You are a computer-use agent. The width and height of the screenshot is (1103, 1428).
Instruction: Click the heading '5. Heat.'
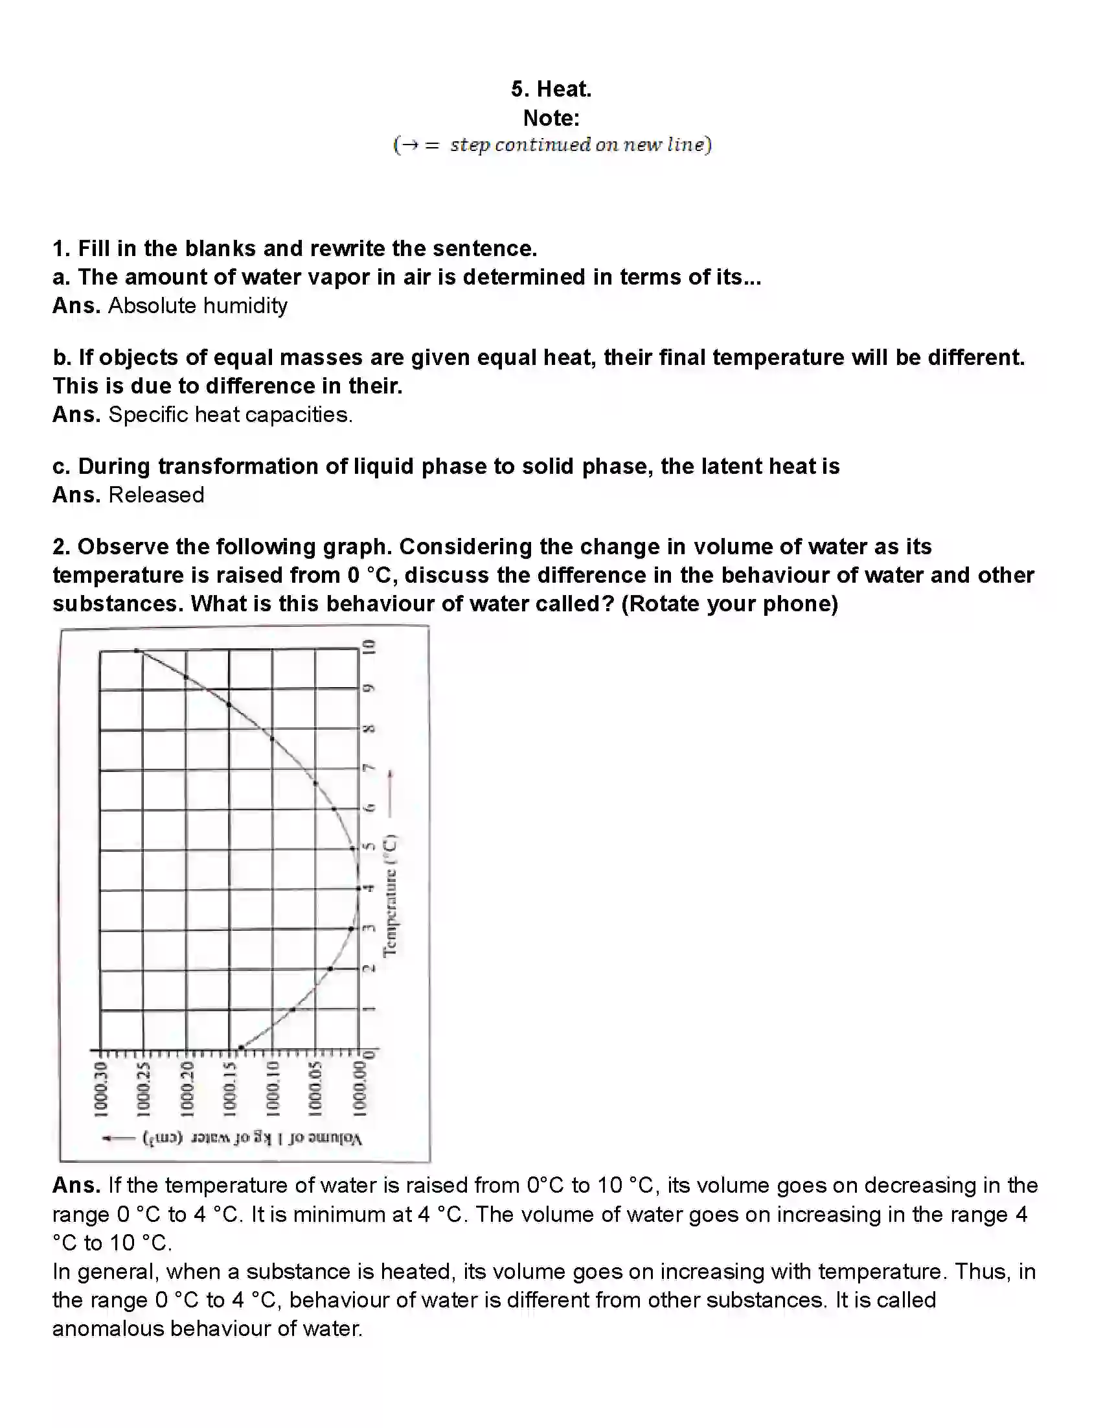[x=551, y=89]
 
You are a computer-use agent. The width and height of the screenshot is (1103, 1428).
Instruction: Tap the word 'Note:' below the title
[x=551, y=119]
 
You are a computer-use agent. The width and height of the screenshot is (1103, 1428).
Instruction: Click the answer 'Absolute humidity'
[x=198, y=306]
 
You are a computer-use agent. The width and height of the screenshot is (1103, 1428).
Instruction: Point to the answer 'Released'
[x=156, y=495]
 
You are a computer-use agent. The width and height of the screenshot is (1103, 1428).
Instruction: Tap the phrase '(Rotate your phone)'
[x=729, y=603]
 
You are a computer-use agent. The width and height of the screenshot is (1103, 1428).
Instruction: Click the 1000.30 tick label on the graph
[x=100, y=1089]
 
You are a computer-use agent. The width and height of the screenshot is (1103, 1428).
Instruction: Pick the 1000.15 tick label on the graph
[x=229, y=1089]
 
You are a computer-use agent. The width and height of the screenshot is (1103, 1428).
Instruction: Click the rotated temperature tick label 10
[x=369, y=648]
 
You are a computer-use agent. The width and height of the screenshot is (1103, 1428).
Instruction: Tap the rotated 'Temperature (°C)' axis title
[x=390, y=895]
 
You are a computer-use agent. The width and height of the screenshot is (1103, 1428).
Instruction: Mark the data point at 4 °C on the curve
[x=358, y=888]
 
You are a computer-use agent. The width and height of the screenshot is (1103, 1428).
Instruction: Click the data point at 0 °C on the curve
[x=240, y=1048]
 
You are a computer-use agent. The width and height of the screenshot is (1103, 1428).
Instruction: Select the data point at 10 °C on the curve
[x=136, y=651]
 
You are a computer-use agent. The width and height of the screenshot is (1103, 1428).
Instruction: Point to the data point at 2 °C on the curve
[x=330, y=968]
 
